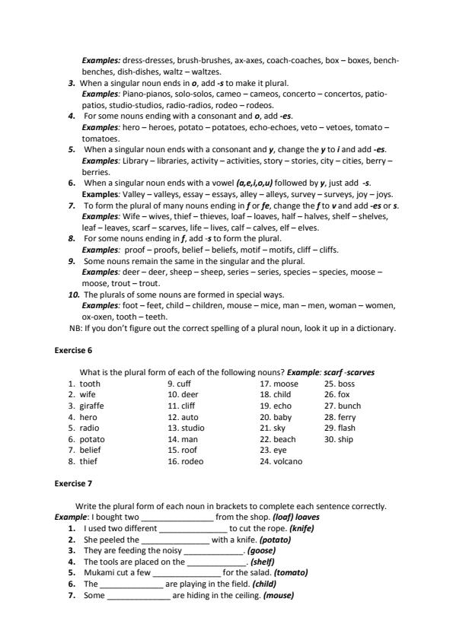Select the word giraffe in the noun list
click(91, 406)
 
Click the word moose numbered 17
click(286, 384)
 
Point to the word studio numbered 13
click(193, 428)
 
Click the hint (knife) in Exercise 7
click(301, 528)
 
